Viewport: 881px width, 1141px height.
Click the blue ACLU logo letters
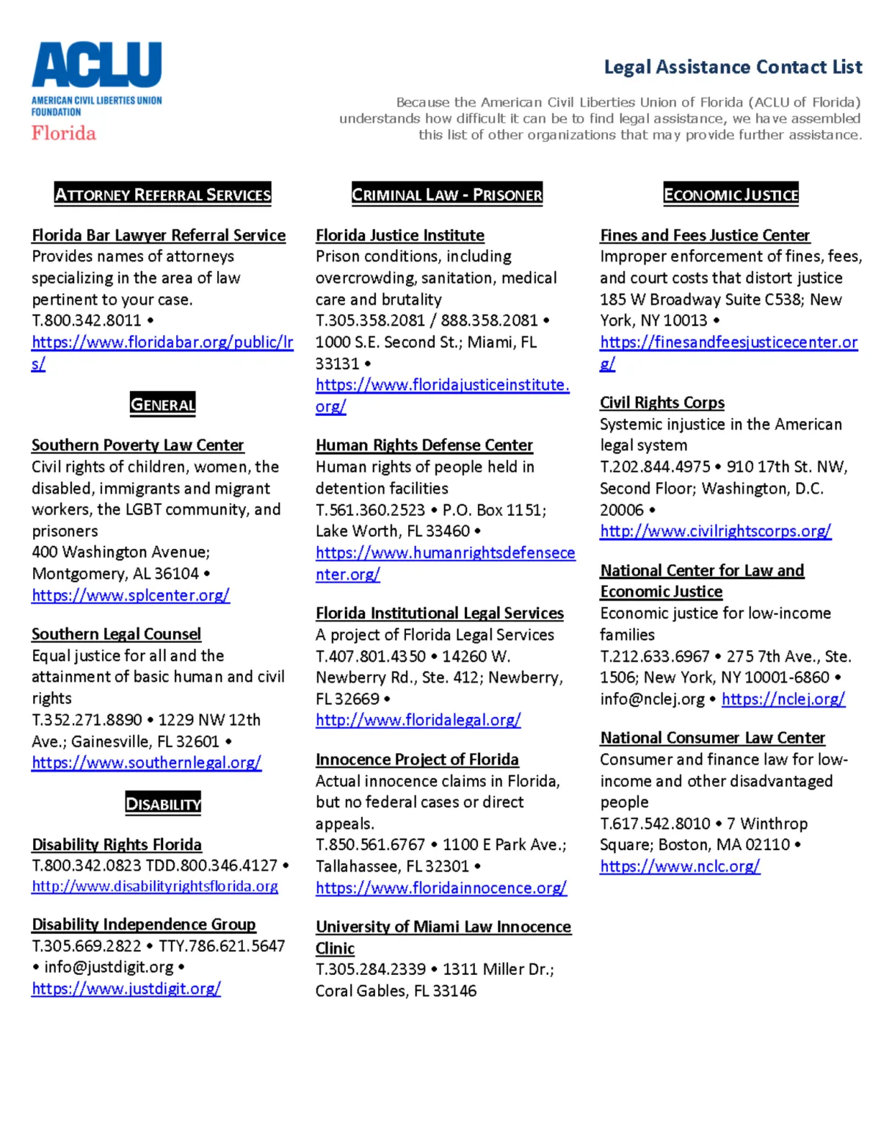click(96, 65)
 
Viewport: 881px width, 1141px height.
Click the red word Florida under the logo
click(64, 133)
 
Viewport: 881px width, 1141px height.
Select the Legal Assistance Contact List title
click(733, 67)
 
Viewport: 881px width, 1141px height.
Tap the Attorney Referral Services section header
click(163, 195)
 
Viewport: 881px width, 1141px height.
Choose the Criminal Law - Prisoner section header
click(446, 195)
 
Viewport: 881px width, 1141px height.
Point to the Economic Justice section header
click(730, 195)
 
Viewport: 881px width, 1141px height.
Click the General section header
click(163, 404)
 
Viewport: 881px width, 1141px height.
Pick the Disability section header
click(163, 804)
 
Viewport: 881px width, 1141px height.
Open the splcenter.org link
click(131, 595)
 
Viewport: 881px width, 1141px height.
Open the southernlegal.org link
click(146, 763)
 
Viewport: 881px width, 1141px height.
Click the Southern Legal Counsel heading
click(116, 634)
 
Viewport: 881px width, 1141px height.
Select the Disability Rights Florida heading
click(117, 845)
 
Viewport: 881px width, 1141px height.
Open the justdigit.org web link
click(126, 989)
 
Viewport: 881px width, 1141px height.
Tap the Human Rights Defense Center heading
click(424, 445)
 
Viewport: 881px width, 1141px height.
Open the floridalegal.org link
click(418, 720)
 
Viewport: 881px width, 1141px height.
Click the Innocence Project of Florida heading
click(417, 760)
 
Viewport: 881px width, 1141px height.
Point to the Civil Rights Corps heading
click(662, 403)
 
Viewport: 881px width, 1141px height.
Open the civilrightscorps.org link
click(716, 531)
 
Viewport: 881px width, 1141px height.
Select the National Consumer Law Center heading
click(712, 738)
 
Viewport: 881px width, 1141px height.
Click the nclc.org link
click(680, 866)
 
